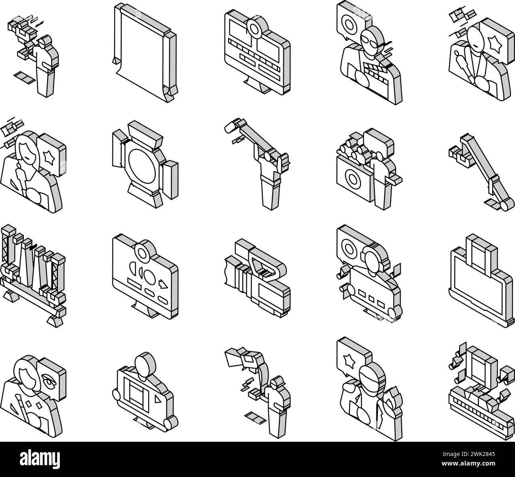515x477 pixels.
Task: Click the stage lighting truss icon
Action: tap(32, 269)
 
